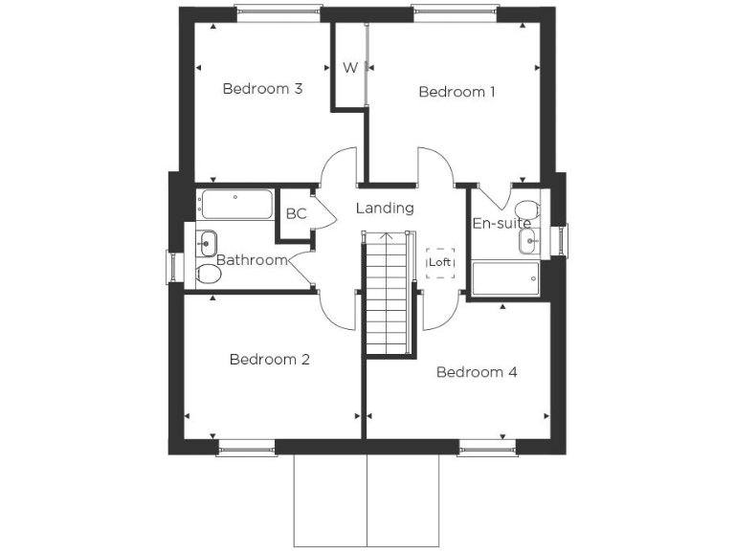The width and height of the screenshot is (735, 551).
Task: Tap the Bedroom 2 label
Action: pyautogui.click(x=269, y=360)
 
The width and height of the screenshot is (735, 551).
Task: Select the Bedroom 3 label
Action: pyautogui.click(x=262, y=89)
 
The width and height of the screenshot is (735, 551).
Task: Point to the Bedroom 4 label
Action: pyautogui.click(x=477, y=372)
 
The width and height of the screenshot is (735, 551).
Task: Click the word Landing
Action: pyautogui.click(x=385, y=208)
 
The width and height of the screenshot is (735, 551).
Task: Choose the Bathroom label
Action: pyautogui.click(x=252, y=260)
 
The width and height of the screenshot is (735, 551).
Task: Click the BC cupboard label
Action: pyautogui.click(x=296, y=213)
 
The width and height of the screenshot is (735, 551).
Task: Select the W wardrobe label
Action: pyautogui.click(x=350, y=68)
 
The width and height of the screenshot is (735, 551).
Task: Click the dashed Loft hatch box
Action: pyautogui.click(x=440, y=262)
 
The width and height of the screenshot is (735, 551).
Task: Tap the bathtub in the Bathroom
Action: pyautogui.click(x=235, y=204)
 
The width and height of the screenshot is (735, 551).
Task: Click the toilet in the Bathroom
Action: pyautogui.click(x=209, y=275)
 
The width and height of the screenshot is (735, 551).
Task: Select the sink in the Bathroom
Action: pyautogui.click(x=207, y=241)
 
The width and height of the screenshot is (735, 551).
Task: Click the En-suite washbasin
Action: pyautogui.click(x=530, y=242)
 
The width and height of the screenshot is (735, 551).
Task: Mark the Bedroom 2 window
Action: pyautogui.click(x=245, y=448)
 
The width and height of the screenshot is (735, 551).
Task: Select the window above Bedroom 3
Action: pyautogui.click(x=277, y=12)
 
